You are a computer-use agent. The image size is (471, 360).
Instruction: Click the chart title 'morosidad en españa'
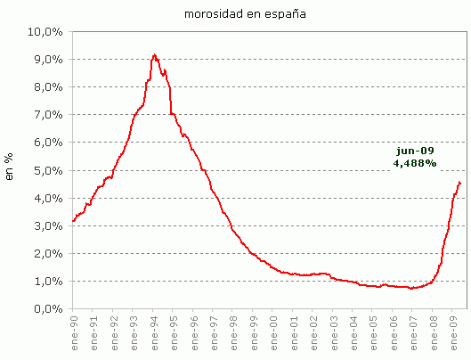click(x=236, y=14)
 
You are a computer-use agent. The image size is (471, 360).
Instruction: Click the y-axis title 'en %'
click(x=11, y=169)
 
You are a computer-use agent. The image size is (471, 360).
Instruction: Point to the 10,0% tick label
click(x=45, y=32)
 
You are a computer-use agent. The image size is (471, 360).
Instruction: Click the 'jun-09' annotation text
click(x=415, y=151)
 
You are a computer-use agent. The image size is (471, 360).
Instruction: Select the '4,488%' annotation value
click(x=415, y=163)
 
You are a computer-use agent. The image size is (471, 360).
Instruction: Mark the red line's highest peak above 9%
click(x=154, y=54)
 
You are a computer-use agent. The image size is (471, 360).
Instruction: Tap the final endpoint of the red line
click(x=460, y=184)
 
